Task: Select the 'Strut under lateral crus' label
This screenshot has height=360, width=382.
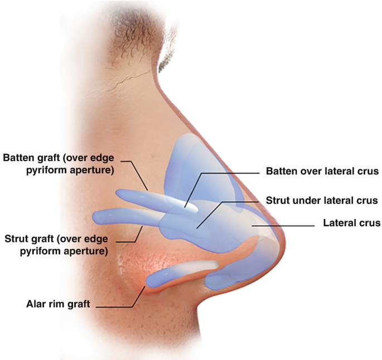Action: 322,200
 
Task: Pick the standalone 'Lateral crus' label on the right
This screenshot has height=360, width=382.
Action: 352,223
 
